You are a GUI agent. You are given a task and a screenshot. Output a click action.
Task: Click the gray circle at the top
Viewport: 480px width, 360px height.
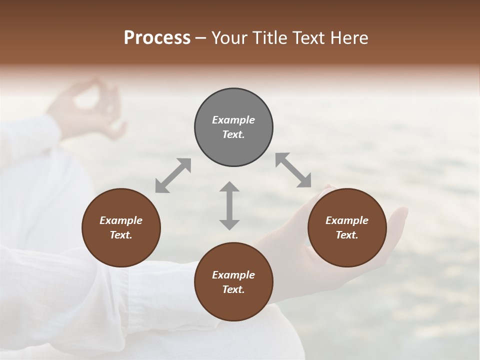coord(233,127)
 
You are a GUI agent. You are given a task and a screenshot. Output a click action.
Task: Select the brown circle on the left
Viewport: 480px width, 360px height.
coord(121,227)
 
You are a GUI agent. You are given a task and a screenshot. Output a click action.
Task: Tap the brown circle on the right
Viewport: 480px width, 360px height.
coord(347,227)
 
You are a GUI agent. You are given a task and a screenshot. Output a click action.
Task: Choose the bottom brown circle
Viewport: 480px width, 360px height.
coord(233,282)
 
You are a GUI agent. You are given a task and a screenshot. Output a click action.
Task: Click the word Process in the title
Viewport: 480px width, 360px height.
coord(157,38)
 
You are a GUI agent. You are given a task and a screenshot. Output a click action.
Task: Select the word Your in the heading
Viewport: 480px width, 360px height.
coord(229,38)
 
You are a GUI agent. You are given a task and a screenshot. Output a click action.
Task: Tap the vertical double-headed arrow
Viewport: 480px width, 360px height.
coord(229,205)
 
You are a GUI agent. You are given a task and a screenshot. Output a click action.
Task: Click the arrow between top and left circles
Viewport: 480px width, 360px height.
coord(173,175)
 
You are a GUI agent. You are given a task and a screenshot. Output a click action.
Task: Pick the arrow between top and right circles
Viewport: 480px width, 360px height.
coord(293,170)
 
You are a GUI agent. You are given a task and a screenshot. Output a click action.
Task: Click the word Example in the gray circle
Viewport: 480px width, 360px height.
coord(233,120)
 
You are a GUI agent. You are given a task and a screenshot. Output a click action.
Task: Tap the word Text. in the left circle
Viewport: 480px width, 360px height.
coord(121,235)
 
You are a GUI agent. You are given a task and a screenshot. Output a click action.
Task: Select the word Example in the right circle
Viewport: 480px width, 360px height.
coord(347,220)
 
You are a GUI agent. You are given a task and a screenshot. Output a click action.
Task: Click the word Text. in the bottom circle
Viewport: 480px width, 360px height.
coord(233,289)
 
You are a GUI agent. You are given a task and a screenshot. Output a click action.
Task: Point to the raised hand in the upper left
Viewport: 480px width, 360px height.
coord(90,107)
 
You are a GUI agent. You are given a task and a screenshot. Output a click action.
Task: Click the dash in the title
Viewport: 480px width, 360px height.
coord(201,38)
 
